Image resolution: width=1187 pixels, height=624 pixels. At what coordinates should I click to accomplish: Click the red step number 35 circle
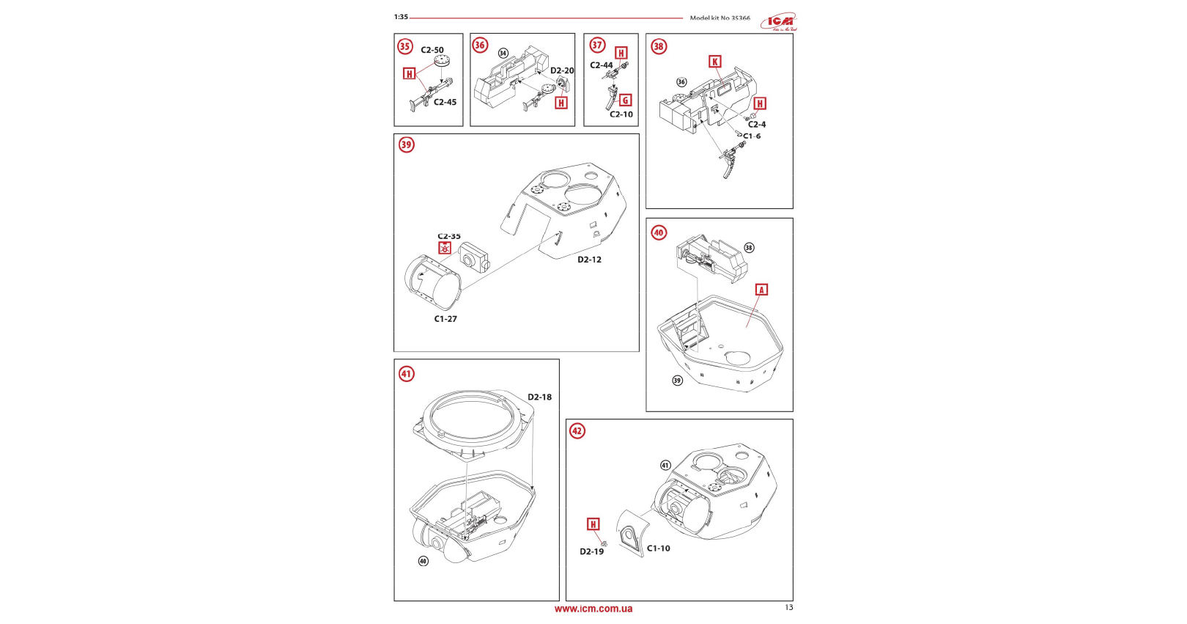[x=405, y=46]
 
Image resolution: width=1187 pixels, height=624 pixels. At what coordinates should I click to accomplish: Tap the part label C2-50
[x=432, y=51]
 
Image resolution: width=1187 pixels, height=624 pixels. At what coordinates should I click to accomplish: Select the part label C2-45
[x=445, y=102]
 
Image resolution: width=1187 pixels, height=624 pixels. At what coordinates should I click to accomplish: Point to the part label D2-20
[x=562, y=71]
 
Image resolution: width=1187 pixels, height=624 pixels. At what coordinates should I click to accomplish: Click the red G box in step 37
[x=625, y=100]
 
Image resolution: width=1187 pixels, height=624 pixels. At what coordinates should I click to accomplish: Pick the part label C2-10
[x=621, y=114]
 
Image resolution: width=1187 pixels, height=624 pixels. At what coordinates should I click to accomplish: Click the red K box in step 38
[x=715, y=62]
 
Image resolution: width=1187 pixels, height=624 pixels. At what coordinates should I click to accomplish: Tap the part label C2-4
[x=757, y=125]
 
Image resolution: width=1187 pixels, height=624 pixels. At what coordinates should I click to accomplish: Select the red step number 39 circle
[x=407, y=144]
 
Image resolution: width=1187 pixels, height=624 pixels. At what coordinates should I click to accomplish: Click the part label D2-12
[x=589, y=260]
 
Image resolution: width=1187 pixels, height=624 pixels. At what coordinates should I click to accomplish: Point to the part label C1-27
[x=445, y=319]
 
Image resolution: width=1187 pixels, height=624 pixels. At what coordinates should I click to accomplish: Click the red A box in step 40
[x=761, y=290]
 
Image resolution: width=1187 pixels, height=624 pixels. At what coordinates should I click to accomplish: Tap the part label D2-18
[x=540, y=397]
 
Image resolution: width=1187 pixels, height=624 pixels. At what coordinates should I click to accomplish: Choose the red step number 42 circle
[x=577, y=430]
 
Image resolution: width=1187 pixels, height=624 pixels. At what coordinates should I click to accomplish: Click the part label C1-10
[x=659, y=548]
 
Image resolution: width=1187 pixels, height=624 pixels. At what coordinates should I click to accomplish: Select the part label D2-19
[x=592, y=551]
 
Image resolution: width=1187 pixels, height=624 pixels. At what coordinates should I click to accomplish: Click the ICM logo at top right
[x=778, y=22]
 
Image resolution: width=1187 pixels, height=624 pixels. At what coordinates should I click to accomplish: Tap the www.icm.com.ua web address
[x=593, y=609]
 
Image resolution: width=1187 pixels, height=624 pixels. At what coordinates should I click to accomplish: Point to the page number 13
[x=789, y=607]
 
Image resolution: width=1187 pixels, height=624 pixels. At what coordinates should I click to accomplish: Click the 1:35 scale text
[x=401, y=17]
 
